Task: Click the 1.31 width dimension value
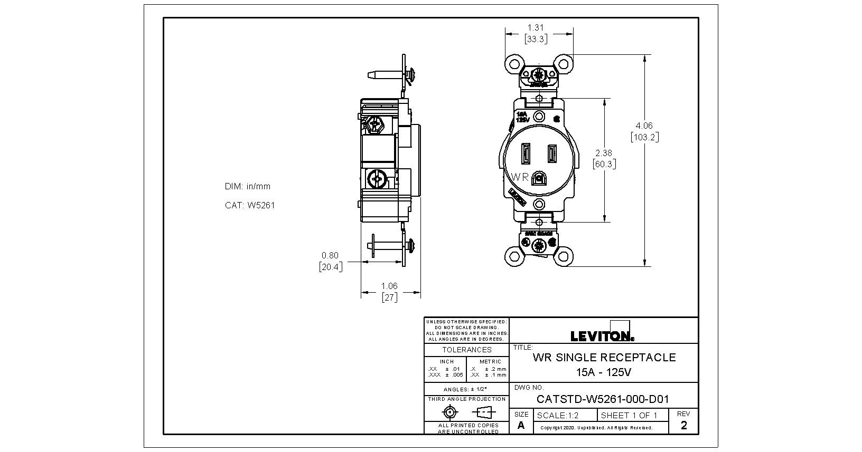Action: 536,27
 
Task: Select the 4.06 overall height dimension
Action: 644,126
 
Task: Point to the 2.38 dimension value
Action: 604,153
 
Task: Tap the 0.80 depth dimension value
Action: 330,256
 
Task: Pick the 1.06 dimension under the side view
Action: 389,286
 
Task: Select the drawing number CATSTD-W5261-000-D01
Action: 603,399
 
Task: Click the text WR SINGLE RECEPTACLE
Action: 604,357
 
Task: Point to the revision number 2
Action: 684,426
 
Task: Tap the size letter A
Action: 521,426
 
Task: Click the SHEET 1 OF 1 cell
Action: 629,416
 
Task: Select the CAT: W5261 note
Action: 250,205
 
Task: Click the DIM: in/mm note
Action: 248,186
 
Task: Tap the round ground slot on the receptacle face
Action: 539,178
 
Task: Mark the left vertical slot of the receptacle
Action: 526,154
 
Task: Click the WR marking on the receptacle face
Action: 519,177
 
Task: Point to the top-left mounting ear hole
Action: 513,64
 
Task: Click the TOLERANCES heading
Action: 467,350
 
